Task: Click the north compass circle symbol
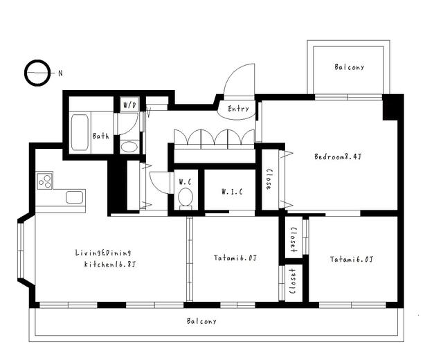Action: (37, 73)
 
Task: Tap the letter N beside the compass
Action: (60, 73)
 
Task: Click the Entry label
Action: (238, 109)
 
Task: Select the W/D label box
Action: (130, 105)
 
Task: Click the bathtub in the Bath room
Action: (80, 132)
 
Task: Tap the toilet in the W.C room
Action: (185, 198)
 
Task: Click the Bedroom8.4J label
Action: (337, 157)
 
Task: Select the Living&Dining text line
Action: (103, 253)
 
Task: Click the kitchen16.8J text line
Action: (109, 264)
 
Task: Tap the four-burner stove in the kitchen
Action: (44, 181)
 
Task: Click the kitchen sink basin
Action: (74, 197)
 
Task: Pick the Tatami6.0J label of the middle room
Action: (235, 259)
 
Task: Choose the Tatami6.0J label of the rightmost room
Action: (352, 260)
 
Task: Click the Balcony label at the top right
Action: (349, 67)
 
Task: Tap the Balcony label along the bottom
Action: (201, 321)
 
